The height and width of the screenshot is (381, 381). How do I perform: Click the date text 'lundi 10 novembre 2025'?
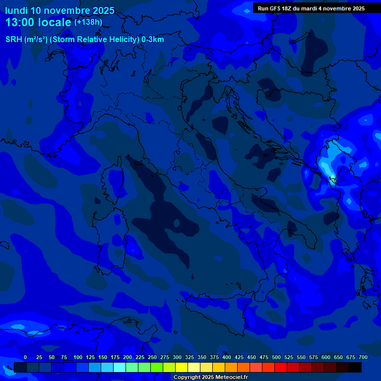pos(60,10)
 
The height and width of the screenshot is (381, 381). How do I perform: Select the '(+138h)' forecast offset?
pos(88,22)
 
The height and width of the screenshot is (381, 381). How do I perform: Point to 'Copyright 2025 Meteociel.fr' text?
pos(210,377)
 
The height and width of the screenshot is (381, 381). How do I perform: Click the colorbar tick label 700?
pos(363,357)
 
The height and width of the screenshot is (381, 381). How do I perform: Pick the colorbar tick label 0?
pos(25,357)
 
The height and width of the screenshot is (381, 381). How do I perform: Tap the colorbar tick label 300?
pos(177,357)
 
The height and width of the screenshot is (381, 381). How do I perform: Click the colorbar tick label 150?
pos(103,357)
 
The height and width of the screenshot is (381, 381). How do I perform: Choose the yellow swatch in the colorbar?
pos(182,367)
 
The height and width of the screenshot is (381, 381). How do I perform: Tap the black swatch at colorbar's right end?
pos(355,367)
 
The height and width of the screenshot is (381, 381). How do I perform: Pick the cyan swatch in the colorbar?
pos(120,367)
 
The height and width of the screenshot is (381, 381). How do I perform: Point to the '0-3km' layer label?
pos(153,40)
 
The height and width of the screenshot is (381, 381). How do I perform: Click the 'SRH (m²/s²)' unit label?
pos(26,40)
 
